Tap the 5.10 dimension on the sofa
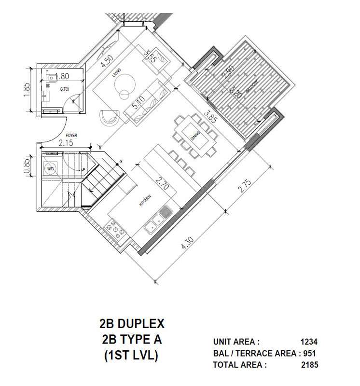tap(139, 103)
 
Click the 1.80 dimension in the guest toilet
tap(61, 76)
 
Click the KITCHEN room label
tap(146, 201)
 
